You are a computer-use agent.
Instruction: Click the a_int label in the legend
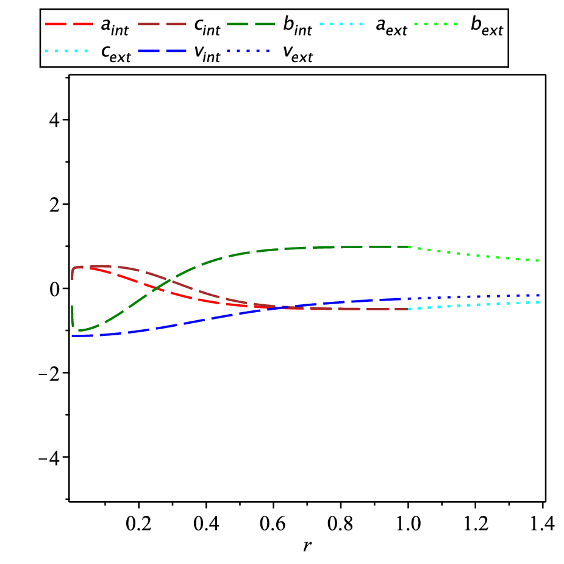click(115, 27)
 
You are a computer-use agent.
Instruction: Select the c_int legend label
click(207, 27)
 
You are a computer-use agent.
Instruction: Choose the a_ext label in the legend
click(391, 27)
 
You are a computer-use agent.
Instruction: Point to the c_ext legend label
click(116, 54)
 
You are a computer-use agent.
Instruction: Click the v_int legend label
click(207, 54)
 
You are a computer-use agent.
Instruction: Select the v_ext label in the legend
click(298, 54)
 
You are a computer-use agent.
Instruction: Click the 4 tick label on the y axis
click(54, 120)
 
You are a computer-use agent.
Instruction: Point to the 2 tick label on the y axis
click(54, 204)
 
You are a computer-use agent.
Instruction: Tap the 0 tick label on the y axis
click(54, 289)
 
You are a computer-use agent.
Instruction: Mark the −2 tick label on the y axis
click(49, 373)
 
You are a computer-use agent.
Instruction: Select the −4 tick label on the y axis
click(49, 457)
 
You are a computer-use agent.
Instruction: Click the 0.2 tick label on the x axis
click(138, 523)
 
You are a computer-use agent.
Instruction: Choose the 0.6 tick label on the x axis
click(273, 523)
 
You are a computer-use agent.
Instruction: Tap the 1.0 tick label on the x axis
click(409, 523)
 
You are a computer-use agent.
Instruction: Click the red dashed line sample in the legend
click(69, 24)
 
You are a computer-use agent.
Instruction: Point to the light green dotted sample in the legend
click(437, 24)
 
